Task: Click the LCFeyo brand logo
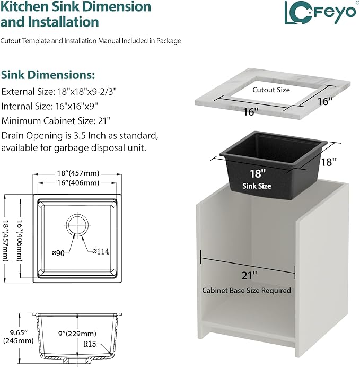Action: pyautogui.click(x=320, y=12)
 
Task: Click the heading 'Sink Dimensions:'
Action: pyautogui.click(x=48, y=75)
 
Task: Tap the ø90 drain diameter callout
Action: pyautogui.click(x=58, y=253)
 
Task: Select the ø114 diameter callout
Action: pyautogui.click(x=101, y=251)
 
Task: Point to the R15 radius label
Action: pyautogui.click(x=90, y=344)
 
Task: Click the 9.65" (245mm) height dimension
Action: pyautogui.click(x=19, y=336)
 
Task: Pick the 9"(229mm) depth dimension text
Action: pyautogui.click(x=77, y=334)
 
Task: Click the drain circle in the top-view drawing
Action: pyautogui.click(x=77, y=225)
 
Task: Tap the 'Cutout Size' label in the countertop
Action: pyautogui.click(x=271, y=90)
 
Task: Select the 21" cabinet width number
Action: pyautogui.click(x=250, y=275)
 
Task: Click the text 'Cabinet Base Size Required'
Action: pyautogui.click(x=247, y=290)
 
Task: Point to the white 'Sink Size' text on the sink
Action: pyautogui.click(x=257, y=186)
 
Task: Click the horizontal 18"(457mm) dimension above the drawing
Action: pyautogui.click(x=78, y=173)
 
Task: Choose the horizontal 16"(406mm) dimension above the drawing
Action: pyautogui.click(x=78, y=182)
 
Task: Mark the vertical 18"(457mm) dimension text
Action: pyautogui.click(x=6, y=240)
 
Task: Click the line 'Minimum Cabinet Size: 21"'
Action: pyautogui.click(x=56, y=121)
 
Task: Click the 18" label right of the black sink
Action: pyautogui.click(x=329, y=162)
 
